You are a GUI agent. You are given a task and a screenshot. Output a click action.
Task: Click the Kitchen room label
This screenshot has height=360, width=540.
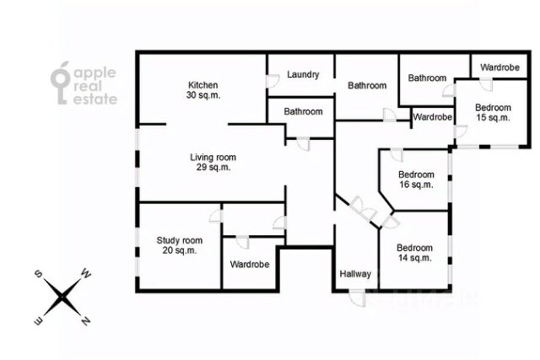[x=203, y=85]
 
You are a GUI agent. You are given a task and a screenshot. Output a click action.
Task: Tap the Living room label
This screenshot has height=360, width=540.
[x=213, y=158]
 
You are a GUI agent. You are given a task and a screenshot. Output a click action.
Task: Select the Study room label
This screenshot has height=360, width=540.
[x=180, y=240]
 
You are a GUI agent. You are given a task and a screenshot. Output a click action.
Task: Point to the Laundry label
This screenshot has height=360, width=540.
[x=303, y=75]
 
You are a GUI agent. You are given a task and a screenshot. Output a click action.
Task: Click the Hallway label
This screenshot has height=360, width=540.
[x=355, y=274]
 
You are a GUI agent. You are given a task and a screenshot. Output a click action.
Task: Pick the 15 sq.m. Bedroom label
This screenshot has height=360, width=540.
[x=493, y=108]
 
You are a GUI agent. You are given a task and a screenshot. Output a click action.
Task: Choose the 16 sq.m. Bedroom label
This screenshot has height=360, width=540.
[x=416, y=175]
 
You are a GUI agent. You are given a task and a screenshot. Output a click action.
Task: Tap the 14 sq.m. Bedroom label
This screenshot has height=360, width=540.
[x=415, y=248]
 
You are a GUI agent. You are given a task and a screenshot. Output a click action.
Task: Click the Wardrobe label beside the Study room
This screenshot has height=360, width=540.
[x=250, y=265]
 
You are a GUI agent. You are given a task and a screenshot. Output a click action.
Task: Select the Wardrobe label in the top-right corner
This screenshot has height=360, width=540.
[x=500, y=67]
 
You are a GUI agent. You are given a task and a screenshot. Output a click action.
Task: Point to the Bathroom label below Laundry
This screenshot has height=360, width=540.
[x=303, y=111]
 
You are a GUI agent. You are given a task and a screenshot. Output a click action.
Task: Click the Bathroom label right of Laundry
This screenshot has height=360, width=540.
[x=367, y=85]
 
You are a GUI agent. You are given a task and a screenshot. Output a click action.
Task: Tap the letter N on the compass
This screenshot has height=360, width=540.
[x=85, y=320]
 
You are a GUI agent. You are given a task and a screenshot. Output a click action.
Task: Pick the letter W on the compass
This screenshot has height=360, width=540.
[x=85, y=273]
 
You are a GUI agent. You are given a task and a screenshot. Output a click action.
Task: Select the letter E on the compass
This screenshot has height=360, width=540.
[x=37, y=320]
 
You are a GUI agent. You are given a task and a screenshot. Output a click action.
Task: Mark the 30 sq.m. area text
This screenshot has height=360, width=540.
[x=203, y=94]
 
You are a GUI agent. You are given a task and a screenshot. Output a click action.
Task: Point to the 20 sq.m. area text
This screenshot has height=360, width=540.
[x=180, y=250]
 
